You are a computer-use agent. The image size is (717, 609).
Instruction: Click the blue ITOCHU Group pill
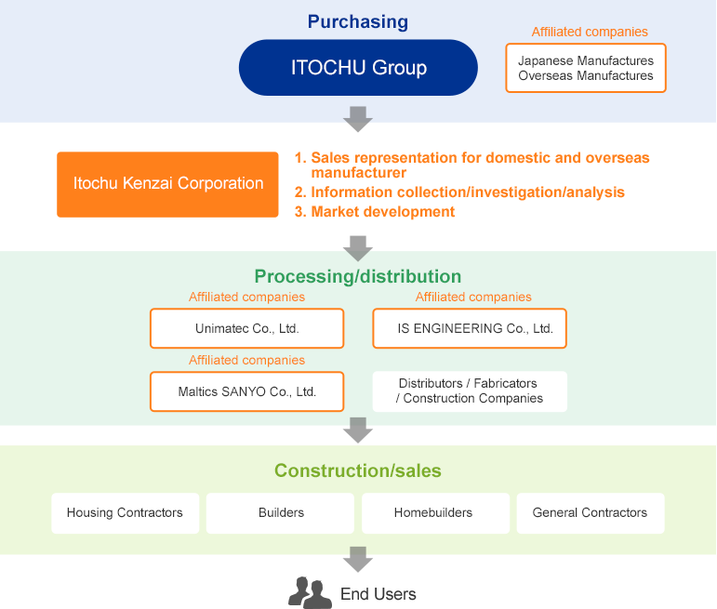point(358,67)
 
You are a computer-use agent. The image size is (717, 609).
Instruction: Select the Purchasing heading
point(358,21)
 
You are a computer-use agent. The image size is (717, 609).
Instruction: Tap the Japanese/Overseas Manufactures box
point(586,68)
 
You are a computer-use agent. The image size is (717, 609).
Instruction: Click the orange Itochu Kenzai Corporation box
point(167,184)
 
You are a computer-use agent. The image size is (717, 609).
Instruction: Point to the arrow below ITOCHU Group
point(358,119)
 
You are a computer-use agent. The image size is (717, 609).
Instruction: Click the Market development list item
point(375,212)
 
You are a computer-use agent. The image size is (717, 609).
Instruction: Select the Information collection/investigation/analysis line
point(459,192)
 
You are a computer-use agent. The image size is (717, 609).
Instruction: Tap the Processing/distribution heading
point(358,276)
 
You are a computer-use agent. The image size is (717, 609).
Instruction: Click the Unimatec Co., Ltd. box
point(247,328)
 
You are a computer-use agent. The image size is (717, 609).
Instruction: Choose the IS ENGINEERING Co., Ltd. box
point(470,328)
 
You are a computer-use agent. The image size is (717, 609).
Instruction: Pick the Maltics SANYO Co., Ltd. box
point(247,391)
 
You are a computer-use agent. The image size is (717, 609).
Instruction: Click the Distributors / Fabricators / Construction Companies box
point(470,391)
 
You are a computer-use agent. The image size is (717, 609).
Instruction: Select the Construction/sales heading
point(358,470)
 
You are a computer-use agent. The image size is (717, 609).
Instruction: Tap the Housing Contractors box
point(126,513)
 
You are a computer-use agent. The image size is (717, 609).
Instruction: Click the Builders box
point(280,513)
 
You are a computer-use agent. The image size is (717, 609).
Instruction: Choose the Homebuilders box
point(436,513)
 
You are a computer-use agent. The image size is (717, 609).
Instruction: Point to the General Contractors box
point(591,513)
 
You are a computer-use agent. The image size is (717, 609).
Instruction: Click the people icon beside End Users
point(310,592)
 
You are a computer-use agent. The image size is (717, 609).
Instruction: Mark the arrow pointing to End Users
point(358,559)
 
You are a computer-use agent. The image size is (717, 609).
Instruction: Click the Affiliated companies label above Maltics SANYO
point(247,360)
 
